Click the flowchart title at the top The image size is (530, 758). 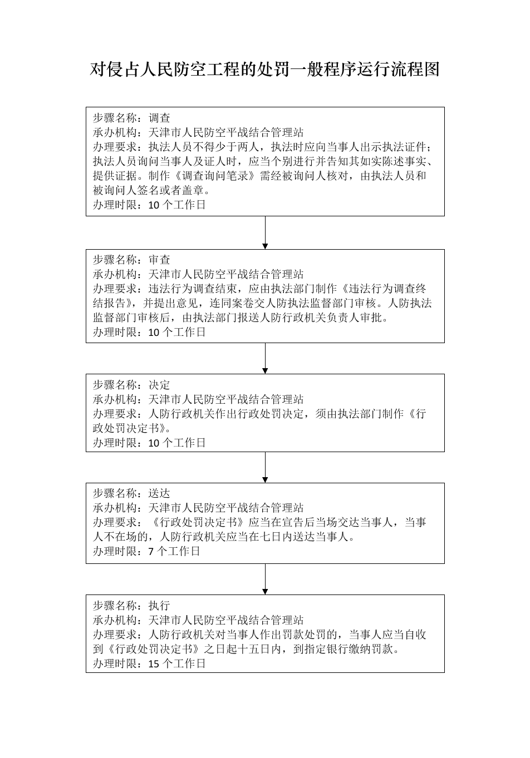pyautogui.click(x=265, y=70)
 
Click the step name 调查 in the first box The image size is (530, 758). pyautogui.click(x=159, y=118)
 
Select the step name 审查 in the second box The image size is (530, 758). pyautogui.click(x=159, y=260)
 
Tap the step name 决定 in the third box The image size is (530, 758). pyautogui.click(x=159, y=385)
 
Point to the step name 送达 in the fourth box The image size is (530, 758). pyautogui.click(x=159, y=493)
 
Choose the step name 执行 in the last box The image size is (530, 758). pyautogui.click(x=159, y=605)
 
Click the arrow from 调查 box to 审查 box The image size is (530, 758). pyautogui.click(x=265, y=232)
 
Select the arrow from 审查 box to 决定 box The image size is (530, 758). pyautogui.click(x=265, y=358)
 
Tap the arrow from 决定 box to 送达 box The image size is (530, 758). pyautogui.click(x=265, y=467)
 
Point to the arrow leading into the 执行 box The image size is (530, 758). pyautogui.click(x=265, y=579)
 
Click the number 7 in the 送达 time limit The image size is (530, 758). pyautogui.click(x=151, y=552)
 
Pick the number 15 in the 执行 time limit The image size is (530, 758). pyautogui.click(x=154, y=663)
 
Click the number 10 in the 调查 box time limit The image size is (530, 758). pyautogui.click(x=154, y=205)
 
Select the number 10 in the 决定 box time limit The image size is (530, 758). pyautogui.click(x=154, y=443)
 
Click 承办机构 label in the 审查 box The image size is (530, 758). pyautogui.click(x=115, y=274)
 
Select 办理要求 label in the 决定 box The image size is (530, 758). pyautogui.click(x=115, y=414)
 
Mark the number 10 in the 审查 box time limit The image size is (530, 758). pyautogui.click(x=154, y=333)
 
